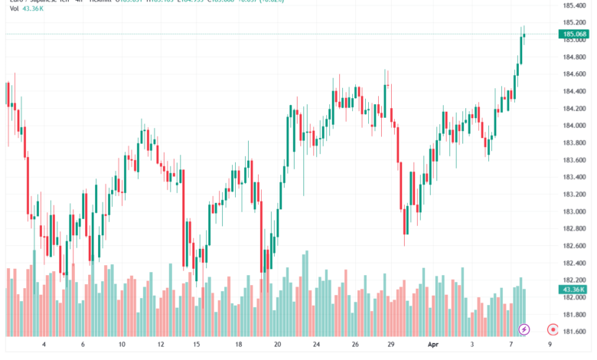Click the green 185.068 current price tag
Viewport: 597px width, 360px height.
coord(574,34)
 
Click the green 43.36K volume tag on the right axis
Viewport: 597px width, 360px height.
coord(573,289)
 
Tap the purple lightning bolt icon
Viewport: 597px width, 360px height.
coord(524,329)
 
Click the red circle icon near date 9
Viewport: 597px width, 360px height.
coord(552,329)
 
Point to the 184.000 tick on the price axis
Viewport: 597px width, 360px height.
coord(574,126)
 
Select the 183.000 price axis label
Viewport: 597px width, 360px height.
coord(574,211)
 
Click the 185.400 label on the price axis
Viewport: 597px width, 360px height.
coord(574,5)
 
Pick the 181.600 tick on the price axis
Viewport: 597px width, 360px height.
coord(574,332)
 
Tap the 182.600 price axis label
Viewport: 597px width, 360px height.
coord(574,246)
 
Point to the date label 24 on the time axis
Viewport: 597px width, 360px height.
coord(316,345)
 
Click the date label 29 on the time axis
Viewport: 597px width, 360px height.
coord(392,345)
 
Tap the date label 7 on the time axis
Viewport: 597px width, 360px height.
coord(510,345)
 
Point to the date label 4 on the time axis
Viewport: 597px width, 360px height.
coord(44,345)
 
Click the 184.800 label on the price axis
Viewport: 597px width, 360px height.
coord(574,57)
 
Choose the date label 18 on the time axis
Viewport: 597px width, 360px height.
coord(239,345)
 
